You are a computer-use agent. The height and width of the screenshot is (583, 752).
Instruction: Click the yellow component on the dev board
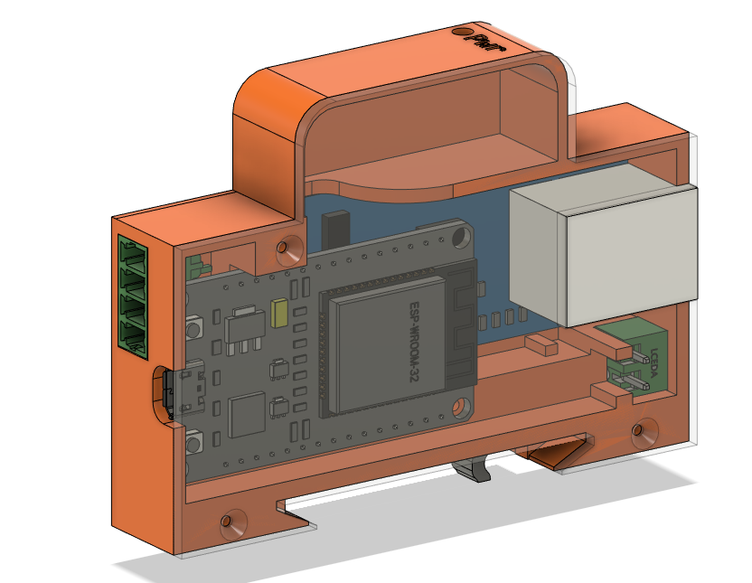pos(279,313)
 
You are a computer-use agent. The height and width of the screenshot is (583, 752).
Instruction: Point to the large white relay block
pos(603,255)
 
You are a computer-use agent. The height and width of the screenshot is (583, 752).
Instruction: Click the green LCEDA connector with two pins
pos(638,360)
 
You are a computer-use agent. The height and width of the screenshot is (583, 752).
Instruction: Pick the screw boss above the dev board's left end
pos(289,246)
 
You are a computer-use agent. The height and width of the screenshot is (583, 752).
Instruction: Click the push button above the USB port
pos(194,328)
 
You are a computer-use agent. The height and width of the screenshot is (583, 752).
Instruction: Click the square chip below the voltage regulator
pos(246,415)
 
